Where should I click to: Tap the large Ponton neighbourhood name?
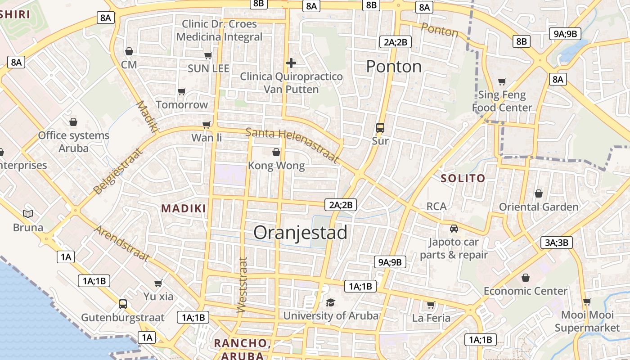(x=394, y=67)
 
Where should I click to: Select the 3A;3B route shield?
(x=557, y=243)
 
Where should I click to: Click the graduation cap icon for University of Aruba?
(x=330, y=302)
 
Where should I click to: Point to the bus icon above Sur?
(x=380, y=128)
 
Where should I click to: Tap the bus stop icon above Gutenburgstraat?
(x=122, y=304)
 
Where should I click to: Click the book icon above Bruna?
(x=28, y=214)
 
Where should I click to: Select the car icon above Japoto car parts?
(x=454, y=229)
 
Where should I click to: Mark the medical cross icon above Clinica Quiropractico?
(x=291, y=63)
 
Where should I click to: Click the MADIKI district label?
(x=184, y=208)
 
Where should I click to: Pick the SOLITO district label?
(x=463, y=179)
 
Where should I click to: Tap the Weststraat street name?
(x=242, y=284)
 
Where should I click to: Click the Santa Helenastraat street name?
(x=292, y=144)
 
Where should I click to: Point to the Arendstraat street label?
(x=121, y=243)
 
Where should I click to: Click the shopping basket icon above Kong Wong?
(x=276, y=153)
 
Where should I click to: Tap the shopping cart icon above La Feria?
(x=431, y=305)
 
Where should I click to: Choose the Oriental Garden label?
(x=539, y=207)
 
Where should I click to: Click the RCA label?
(x=436, y=207)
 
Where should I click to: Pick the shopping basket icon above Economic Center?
(x=525, y=278)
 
